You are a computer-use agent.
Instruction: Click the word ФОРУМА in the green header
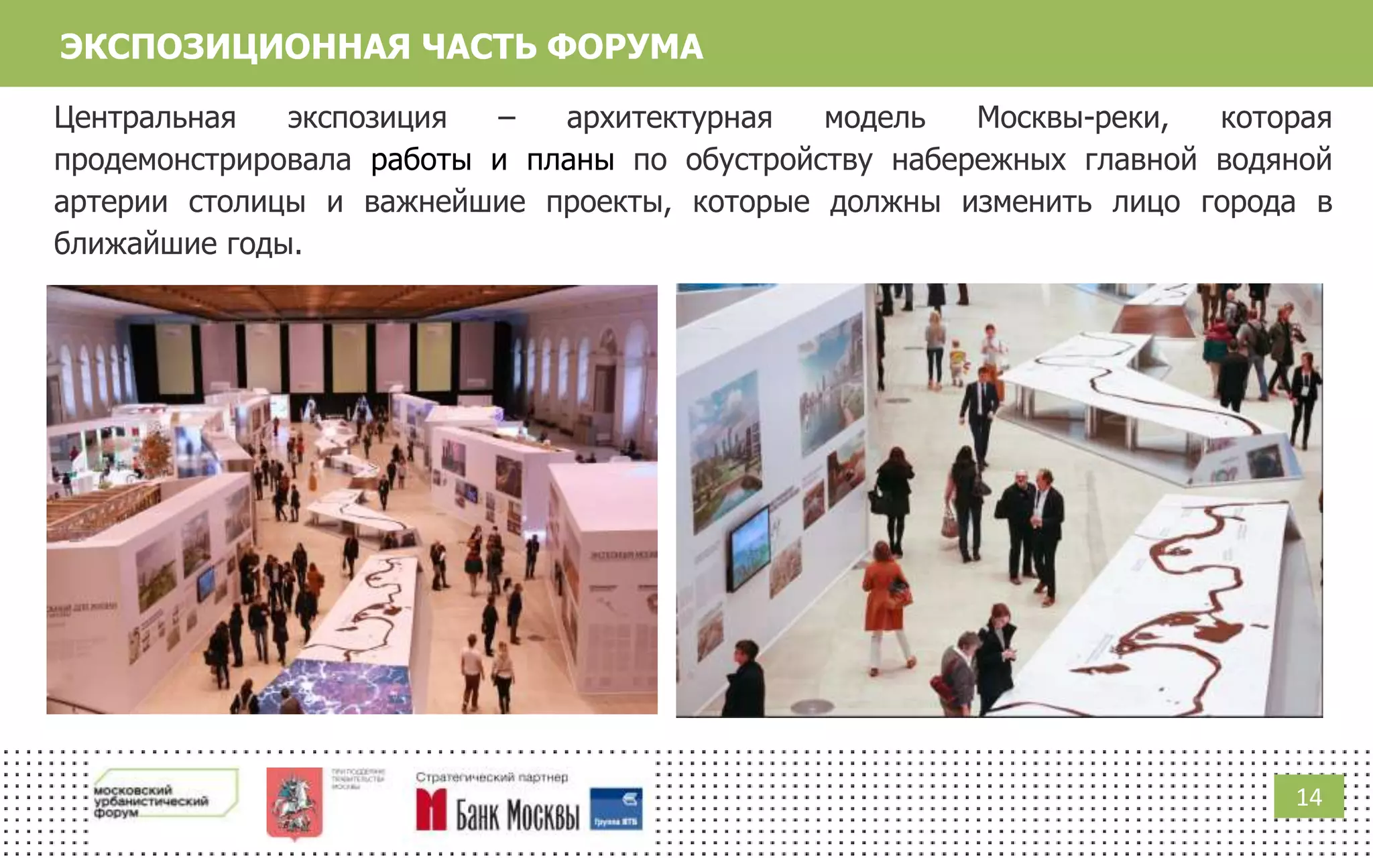tap(625, 47)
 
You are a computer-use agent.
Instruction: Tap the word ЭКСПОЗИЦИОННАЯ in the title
tap(235, 47)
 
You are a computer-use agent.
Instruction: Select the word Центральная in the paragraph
tap(145, 118)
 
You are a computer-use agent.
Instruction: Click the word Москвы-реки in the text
tap(1073, 118)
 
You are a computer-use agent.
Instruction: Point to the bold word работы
tap(421, 160)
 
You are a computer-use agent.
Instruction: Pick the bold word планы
tap(571, 160)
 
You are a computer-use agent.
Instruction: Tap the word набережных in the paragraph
tap(979, 160)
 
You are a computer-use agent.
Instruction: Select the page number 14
tap(1309, 797)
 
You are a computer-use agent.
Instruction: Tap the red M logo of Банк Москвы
tap(431, 809)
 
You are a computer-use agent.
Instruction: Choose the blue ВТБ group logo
tap(616, 808)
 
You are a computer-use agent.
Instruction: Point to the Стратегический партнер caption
tap(491, 778)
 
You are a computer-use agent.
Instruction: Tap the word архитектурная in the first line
tap(669, 118)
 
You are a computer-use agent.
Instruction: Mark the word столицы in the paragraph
tap(247, 202)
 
